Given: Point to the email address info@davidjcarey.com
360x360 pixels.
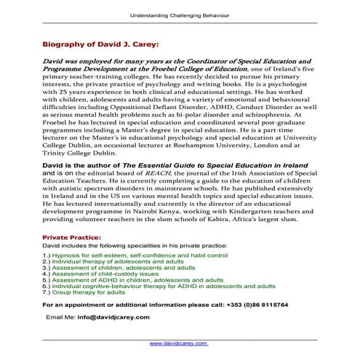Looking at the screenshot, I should coord(110,318).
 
